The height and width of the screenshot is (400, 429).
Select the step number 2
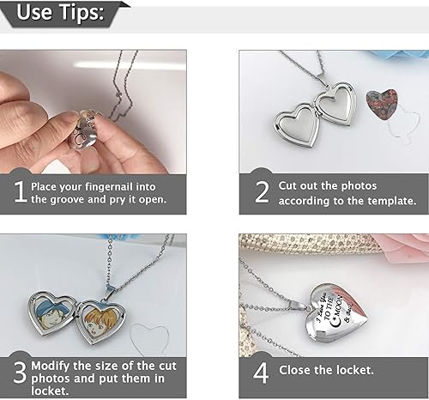262,191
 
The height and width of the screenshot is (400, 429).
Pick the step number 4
262,371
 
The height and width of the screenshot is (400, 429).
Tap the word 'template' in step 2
390,200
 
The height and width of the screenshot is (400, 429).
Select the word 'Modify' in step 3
51,365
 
